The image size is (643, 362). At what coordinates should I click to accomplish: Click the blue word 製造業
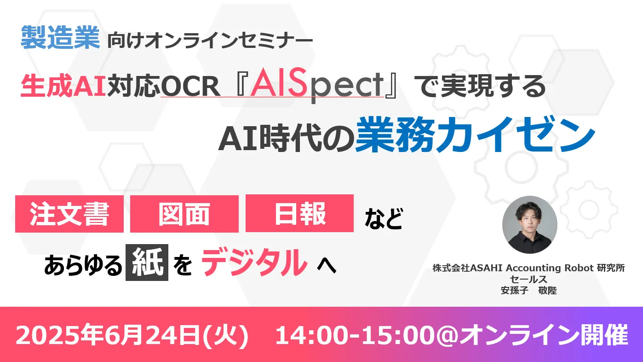(60, 37)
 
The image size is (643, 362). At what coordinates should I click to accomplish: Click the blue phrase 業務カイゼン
(475, 134)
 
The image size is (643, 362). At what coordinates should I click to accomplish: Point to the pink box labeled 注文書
(69, 214)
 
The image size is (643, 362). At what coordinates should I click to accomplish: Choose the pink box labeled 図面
(184, 214)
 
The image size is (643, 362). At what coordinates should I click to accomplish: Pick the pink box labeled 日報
(300, 213)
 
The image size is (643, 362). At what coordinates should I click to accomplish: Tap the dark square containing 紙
(147, 262)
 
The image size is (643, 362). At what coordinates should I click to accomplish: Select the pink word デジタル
(254, 262)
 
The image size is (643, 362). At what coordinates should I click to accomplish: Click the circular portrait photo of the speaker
(529, 225)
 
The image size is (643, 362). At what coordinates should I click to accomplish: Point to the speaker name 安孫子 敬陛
(529, 291)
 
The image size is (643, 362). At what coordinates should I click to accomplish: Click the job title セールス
(529, 279)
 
